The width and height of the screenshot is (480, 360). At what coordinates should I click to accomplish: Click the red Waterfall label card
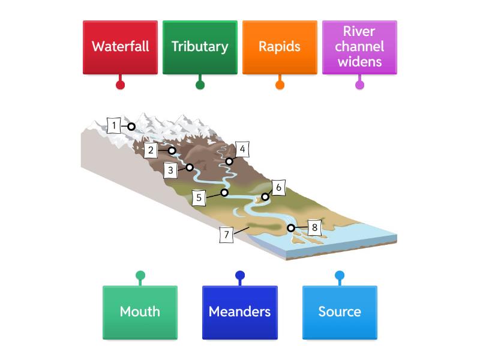(x=120, y=47)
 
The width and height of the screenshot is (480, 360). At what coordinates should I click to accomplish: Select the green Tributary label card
(x=200, y=47)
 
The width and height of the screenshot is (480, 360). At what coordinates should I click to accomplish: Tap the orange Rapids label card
(x=280, y=47)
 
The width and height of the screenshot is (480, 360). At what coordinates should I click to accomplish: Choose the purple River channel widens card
(x=359, y=47)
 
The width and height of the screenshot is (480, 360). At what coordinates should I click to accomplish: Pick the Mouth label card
(x=140, y=312)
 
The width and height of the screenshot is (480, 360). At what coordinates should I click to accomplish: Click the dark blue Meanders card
(x=239, y=312)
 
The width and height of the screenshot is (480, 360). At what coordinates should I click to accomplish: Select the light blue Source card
(x=340, y=312)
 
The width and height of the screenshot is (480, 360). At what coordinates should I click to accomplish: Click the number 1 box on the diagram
(x=114, y=125)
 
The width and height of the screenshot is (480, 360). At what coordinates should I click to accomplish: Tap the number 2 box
(x=151, y=150)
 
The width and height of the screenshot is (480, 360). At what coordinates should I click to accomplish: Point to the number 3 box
(x=170, y=170)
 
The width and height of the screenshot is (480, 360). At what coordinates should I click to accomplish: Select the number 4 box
(x=242, y=149)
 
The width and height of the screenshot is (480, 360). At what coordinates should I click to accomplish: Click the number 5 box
(x=199, y=197)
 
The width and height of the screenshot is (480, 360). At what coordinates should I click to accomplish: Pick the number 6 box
(x=278, y=187)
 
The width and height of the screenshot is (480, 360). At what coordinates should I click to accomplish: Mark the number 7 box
(x=226, y=235)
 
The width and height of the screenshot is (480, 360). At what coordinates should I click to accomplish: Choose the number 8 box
(x=314, y=228)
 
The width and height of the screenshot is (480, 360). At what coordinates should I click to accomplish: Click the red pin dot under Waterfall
(x=120, y=85)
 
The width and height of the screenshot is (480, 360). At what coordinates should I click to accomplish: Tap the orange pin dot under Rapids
(x=280, y=85)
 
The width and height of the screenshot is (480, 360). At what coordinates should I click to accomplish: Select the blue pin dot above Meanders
(x=240, y=276)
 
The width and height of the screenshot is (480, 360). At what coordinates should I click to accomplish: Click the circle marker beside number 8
(x=291, y=228)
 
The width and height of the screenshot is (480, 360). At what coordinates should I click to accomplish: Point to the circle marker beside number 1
(x=131, y=126)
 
